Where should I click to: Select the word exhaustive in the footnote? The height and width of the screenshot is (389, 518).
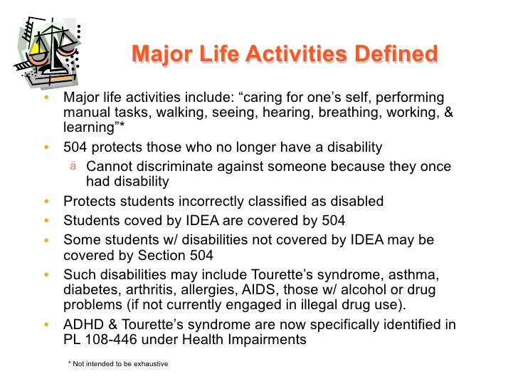tap(150, 364)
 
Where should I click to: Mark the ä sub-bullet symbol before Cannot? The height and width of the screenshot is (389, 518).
tap(73, 166)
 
